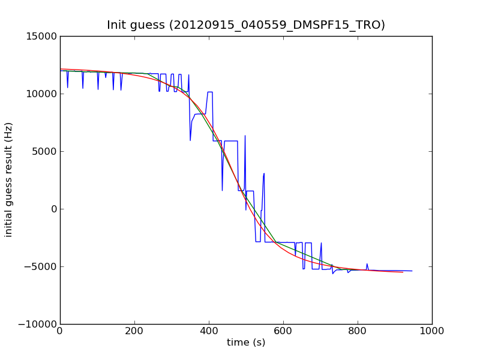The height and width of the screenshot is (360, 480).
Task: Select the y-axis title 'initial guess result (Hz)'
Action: click(9, 179)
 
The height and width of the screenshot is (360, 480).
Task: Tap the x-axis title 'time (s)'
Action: click(246, 343)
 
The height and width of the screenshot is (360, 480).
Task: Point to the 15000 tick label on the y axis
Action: click(41, 36)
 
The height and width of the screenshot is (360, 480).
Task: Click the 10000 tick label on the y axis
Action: click(41, 94)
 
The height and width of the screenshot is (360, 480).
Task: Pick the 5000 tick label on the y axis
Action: click(43, 151)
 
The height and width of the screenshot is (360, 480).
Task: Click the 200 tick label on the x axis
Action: click(134, 331)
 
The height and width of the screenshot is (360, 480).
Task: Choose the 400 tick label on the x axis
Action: click(209, 331)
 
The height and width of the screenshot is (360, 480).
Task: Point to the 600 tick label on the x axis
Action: click(283, 331)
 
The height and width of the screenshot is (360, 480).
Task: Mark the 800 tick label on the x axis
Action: click(358, 331)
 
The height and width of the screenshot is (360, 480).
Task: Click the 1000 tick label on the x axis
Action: click(432, 331)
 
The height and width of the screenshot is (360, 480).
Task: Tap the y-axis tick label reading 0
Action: click(53, 209)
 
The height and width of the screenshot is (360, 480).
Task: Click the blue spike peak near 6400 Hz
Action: click(245, 136)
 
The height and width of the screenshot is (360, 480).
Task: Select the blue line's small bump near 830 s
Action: click(367, 264)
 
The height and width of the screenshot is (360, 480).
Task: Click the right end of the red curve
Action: click(403, 272)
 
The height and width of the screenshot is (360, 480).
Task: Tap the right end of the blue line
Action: click(412, 271)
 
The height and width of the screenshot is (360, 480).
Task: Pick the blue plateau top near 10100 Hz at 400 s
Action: click(210, 92)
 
